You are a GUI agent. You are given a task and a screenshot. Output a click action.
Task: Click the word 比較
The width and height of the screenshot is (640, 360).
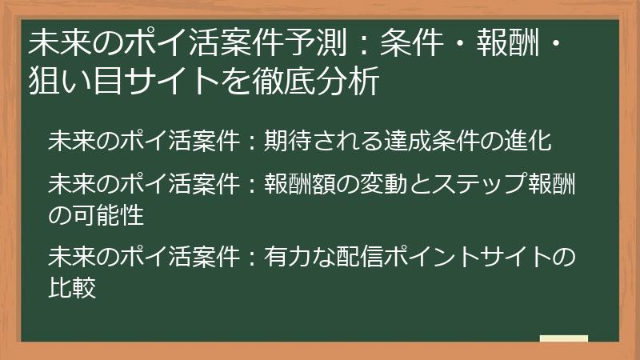pos(72,286)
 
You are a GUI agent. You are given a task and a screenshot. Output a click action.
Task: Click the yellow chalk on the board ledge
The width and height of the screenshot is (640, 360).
pos(563,339)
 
